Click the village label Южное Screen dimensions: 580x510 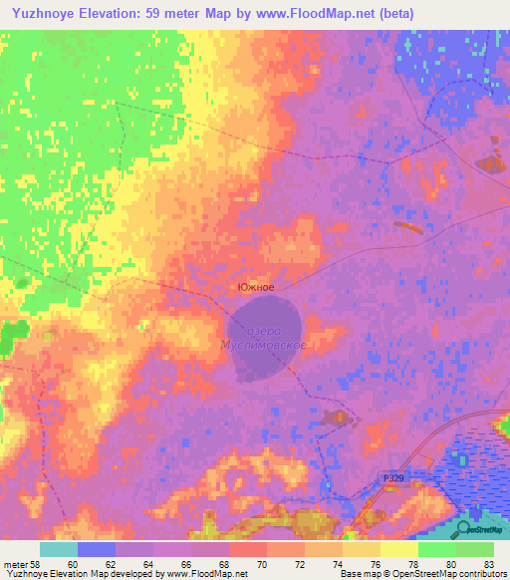coord(255,287)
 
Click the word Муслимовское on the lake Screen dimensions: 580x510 coord(263,345)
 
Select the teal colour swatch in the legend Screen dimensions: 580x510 coord(59,549)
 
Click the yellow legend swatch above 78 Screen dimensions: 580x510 coord(399,549)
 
